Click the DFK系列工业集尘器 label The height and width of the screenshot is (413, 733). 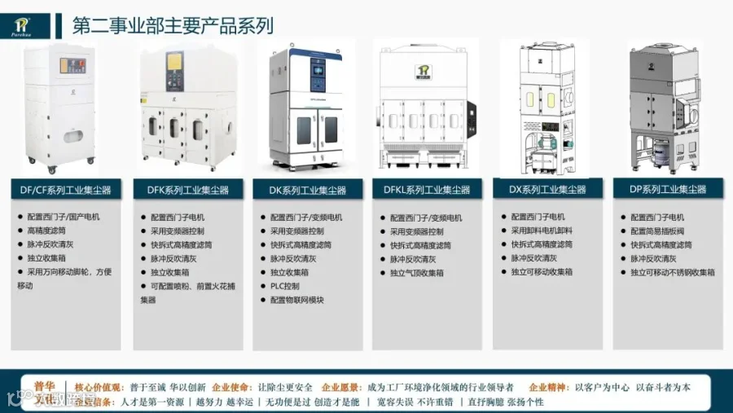pos(187,190)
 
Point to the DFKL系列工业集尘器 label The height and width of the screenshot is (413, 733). pos(427,190)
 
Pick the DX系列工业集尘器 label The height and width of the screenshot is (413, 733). pos(547,190)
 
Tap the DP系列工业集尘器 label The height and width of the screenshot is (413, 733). pos(667,190)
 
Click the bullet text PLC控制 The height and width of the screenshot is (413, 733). pos(285,286)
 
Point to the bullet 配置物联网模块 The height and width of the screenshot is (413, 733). pos(297,300)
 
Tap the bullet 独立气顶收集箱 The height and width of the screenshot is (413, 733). pos(417,273)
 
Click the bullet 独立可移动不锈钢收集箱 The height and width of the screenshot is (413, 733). pos(673,272)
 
